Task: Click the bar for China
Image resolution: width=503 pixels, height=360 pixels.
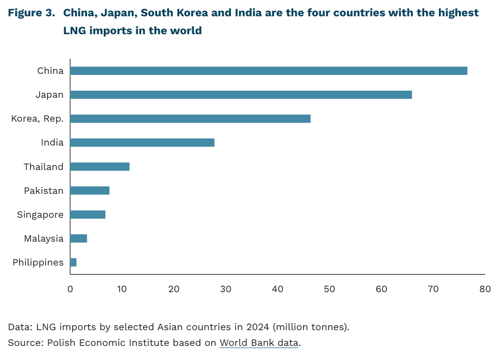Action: pyautogui.click(x=268, y=71)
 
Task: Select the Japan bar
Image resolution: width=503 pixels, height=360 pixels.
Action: pyautogui.click(x=241, y=95)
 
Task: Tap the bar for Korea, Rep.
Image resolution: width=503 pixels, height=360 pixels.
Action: pyautogui.click(x=190, y=119)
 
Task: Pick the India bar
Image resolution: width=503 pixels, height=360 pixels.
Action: pyautogui.click(x=142, y=143)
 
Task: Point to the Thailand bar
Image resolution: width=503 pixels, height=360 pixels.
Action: pyautogui.click(x=99, y=167)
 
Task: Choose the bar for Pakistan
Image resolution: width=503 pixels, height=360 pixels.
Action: pyautogui.click(x=90, y=191)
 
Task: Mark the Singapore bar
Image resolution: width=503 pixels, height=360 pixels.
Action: pyautogui.click(x=87, y=214)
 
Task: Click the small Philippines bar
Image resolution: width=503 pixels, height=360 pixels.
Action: pyautogui.click(x=73, y=263)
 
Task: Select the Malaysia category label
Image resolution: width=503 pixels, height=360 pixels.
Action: pyautogui.click(x=43, y=238)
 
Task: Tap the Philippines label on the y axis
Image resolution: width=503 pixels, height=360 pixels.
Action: pyautogui.click(x=38, y=263)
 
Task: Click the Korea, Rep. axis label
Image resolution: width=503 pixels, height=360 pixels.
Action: pyautogui.click(x=37, y=119)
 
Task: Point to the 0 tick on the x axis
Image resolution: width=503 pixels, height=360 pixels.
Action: pyautogui.click(x=70, y=289)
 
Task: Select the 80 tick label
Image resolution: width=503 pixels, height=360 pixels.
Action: pyautogui.click(x=485, y=289)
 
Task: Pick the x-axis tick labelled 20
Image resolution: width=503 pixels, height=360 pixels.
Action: pyautogui.click(x=174, y=289)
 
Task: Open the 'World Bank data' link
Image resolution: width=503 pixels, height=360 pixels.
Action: pyautogui.click(x=259, y=343)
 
